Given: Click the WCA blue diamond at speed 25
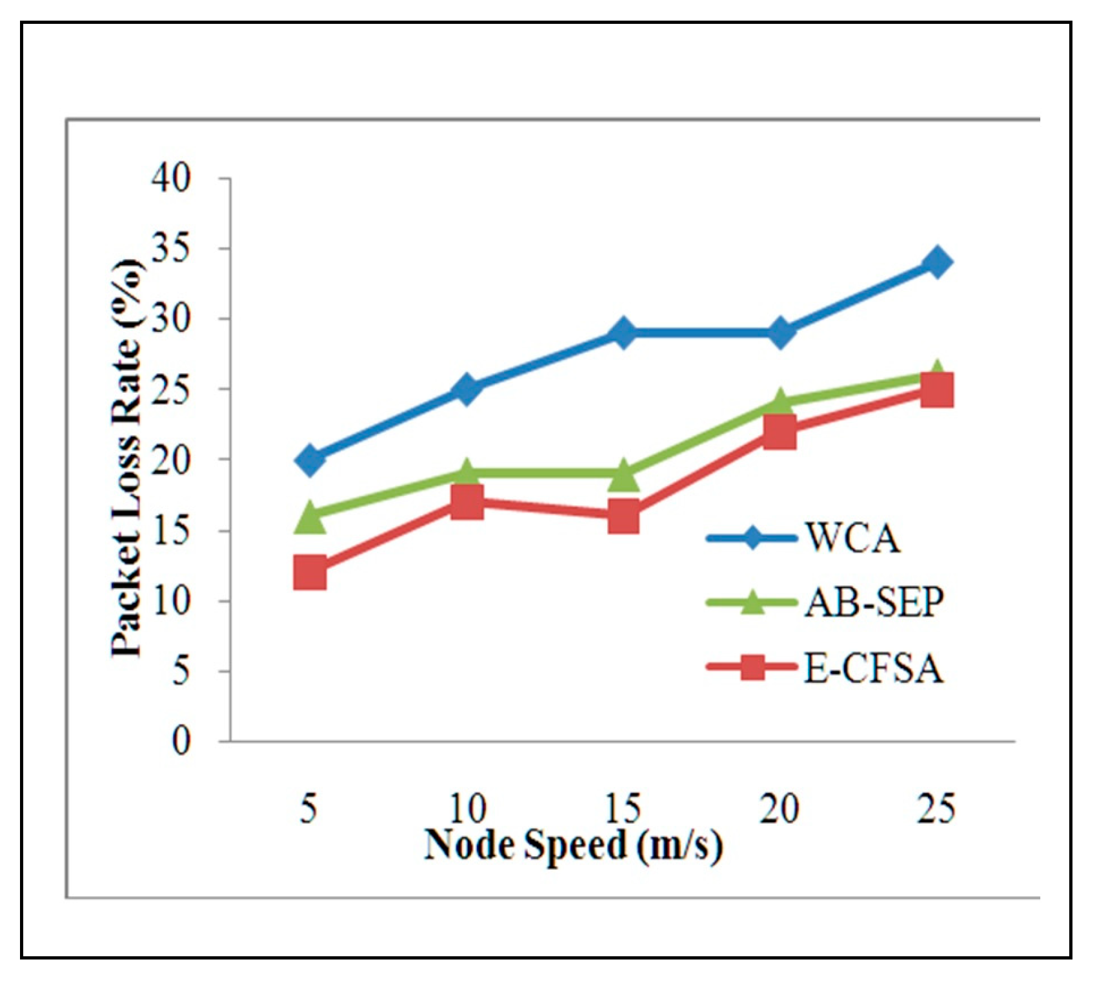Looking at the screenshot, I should coord(936,262).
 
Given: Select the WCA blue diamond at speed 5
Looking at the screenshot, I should coord(310,459).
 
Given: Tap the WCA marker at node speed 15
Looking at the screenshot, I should coord(623,333).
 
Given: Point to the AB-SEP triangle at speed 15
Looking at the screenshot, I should coord(623,476).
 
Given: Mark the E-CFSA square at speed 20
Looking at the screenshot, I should coord(780,431).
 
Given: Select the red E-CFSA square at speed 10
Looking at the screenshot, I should coord(467,502).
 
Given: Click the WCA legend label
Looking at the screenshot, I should coord(852,537).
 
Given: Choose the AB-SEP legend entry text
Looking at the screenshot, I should coord(874,604).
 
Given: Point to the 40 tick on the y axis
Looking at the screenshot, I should coord(172,178).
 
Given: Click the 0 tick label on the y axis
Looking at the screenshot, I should coord(181,742).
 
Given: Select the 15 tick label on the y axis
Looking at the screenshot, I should coord(172,531).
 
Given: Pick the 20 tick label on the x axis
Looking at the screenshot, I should coord(780,809).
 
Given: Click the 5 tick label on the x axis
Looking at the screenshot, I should coord(310,809).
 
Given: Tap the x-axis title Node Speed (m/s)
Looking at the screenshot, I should coord(573,845).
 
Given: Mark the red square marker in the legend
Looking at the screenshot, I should coord(752,668).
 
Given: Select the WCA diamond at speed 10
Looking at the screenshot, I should coord(467,389).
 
